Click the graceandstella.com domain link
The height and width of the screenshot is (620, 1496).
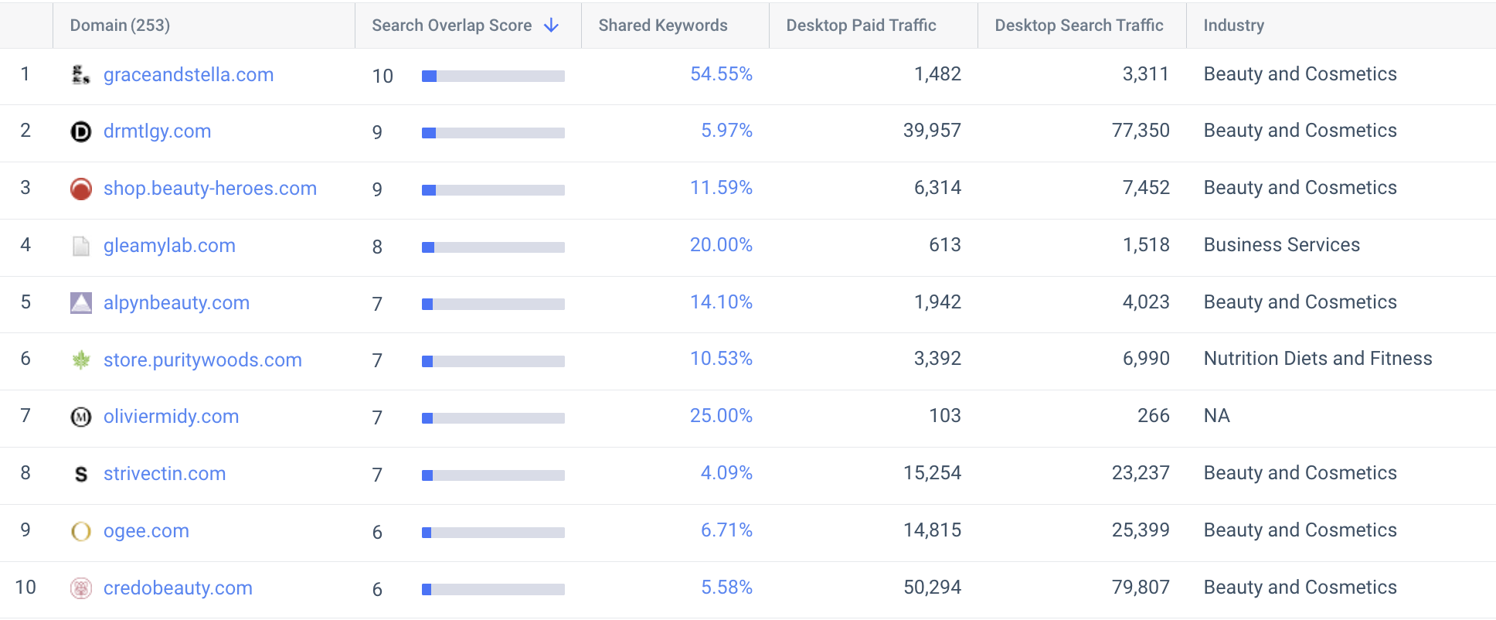(188, 75)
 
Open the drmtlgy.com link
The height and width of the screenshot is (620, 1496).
(157, 131)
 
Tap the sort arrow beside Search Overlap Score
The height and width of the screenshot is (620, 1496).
(551, 26)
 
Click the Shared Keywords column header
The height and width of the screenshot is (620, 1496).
(662, 26)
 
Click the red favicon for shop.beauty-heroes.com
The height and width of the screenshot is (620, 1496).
(81, 189)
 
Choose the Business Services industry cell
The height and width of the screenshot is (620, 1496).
(1281, 245)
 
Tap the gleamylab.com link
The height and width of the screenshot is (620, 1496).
(169, 246)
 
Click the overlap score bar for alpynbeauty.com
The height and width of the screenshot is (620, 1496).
(493, 304)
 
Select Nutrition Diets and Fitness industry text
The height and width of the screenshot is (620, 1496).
(1317, 359)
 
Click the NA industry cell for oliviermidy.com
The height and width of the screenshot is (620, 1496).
(1216, 416)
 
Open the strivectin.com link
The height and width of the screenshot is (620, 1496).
(165, 474)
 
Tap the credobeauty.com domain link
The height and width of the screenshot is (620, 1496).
(178, 588)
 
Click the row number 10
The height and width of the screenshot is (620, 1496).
(25, 588)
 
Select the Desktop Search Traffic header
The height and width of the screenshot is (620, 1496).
(1079, 26)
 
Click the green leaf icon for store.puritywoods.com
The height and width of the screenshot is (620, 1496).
(81, 359)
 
